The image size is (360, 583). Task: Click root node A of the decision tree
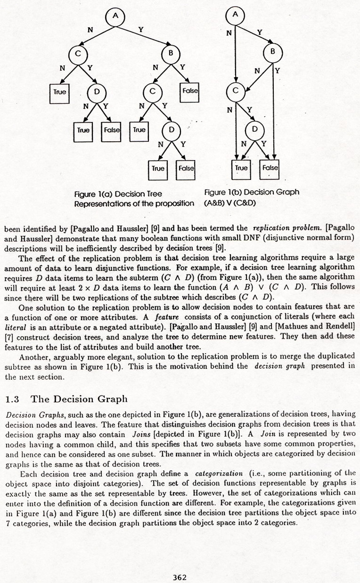[x=115, y=17]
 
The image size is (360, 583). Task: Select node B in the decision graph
[x=272, y=52]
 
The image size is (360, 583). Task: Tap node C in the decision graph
[x=235, y=90]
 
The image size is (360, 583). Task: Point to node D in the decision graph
[x=255, y=129]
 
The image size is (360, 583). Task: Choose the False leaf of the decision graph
[x=270, y=168]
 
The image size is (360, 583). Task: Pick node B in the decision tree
[x=170, y=53]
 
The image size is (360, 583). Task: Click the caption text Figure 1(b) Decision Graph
[x=252, y=192]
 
